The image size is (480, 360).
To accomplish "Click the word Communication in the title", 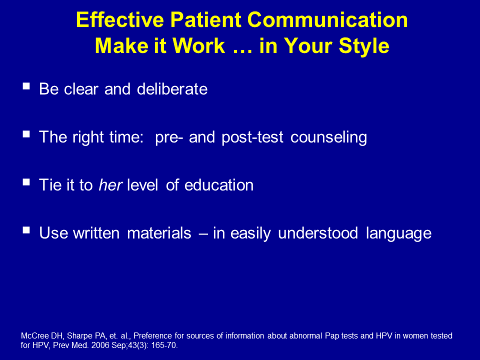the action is (x=327, y=20).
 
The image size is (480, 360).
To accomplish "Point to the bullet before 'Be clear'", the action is (x=26, y=86).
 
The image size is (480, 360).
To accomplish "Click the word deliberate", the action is (x=172, y=89).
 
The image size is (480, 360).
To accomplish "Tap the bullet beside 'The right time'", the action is (x=26, y=134).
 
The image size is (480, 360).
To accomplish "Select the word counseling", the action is (x=329, y=137).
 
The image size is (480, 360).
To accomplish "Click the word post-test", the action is (x=252, y=137).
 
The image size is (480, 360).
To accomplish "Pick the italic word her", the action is (x=110, y=185).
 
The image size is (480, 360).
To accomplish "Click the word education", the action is (x=219, y=185).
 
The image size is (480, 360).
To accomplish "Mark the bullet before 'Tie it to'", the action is (x=26, y=182).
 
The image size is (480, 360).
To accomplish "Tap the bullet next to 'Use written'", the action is (x=26, y=230).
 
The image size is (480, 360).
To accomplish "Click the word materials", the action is (x=159, y=233).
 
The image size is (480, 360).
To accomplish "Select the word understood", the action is (x=318, y=233).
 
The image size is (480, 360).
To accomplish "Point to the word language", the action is (x=399, y=234).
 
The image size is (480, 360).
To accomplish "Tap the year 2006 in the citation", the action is (x=100, y=345).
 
